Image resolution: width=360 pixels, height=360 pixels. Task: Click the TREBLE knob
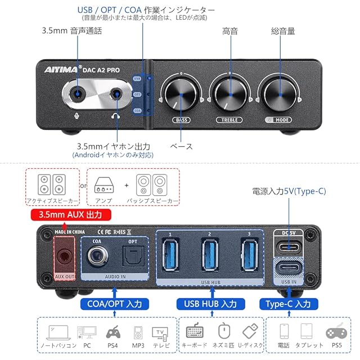(x=229, y=93)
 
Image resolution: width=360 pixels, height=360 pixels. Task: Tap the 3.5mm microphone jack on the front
(x=78, y=92)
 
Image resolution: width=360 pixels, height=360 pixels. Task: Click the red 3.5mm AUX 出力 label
(x=70, y=215)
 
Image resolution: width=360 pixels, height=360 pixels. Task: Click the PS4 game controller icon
(x=113, y=332)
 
